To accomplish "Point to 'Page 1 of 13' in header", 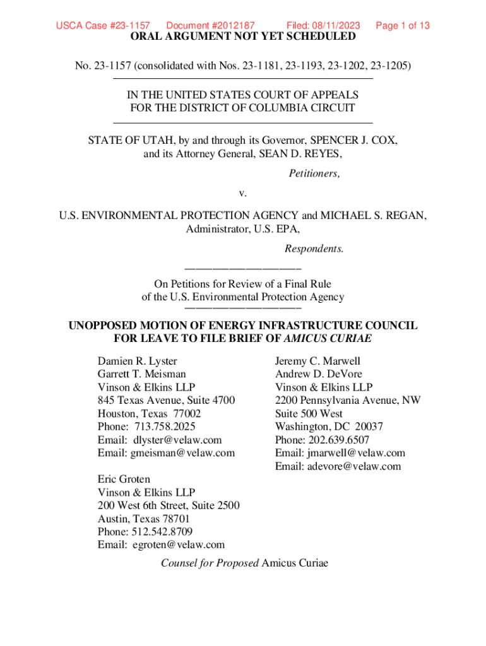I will coord(403,26).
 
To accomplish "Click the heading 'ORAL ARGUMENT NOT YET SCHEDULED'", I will coord(243,37).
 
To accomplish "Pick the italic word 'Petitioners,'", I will coord(314,173).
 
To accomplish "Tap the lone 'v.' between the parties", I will coord(243,192).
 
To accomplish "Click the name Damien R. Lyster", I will coord(137,361).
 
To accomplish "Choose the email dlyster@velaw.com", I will coord(177,440).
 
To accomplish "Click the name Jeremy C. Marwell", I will coord(317,361).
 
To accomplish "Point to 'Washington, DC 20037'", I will coord(329,426).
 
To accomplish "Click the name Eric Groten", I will coord(124,479).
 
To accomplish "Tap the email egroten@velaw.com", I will coord(179,544).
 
